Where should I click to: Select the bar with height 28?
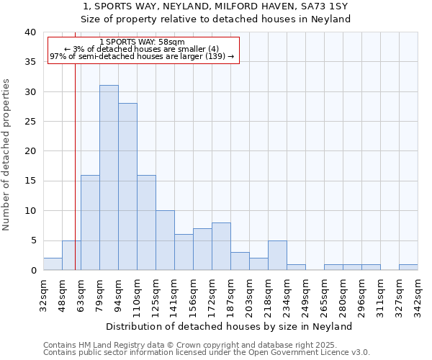tap(127, 186)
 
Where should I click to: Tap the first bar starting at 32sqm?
tap(53, 264)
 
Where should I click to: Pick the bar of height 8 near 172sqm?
tap(221, 246)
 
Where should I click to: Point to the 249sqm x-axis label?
tap(305, 296)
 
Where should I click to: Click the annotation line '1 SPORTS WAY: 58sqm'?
tap(143, 42)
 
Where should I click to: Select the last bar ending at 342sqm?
tap(408, 267)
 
